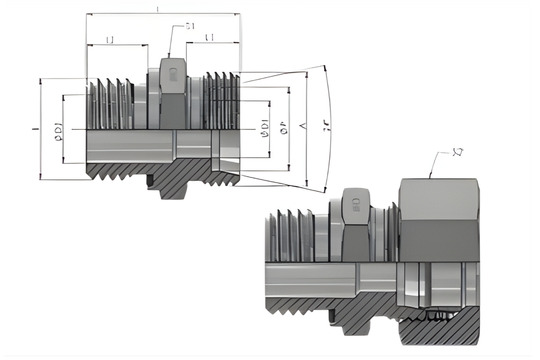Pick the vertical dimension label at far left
[x=35, y=130]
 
